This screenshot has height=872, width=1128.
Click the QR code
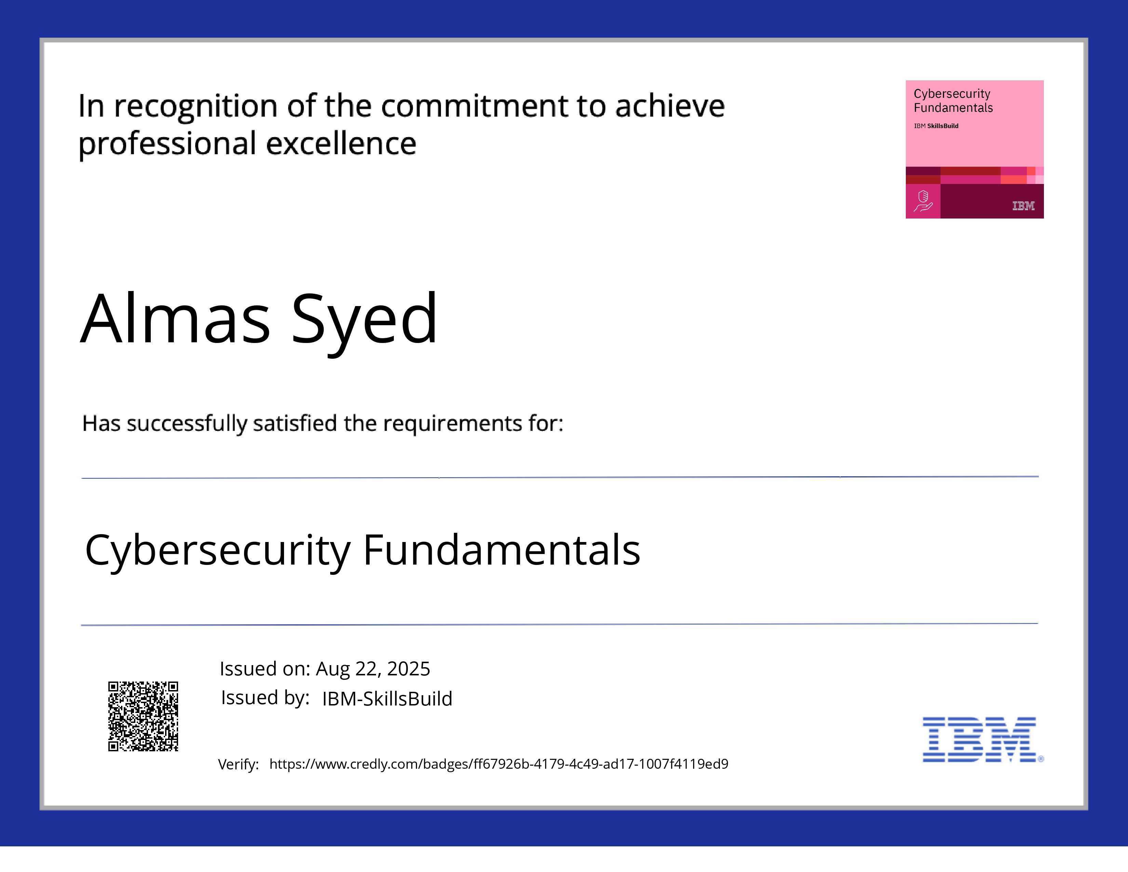coord(143,716)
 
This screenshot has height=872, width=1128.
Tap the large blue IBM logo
coord(980,739)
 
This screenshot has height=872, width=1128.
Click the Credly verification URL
coord(498,764)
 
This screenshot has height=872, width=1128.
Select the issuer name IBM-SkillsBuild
coord(387,698)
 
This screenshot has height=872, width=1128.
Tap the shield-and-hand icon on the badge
coord(923,201)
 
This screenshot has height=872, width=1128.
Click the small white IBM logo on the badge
coord(1023,206)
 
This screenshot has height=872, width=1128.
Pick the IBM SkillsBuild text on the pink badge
coord(936,126)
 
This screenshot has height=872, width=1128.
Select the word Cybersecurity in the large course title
coord(218,551)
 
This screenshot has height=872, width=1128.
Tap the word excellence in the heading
coord(341,144)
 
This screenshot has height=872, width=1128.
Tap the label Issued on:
coord(265,669)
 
